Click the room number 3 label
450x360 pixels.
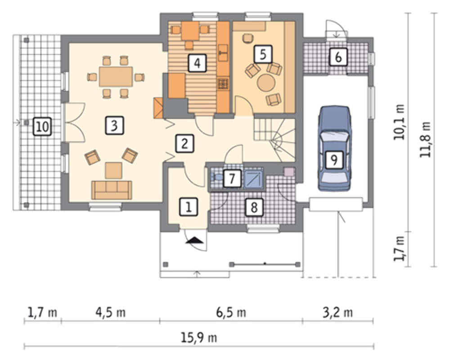(x=114, y=126)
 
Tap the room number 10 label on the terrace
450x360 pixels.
(x=42, y=126)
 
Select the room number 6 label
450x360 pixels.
(x=338, y=57)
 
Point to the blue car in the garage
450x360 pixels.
(x=335, y=148)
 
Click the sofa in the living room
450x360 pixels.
(x=112, y=190)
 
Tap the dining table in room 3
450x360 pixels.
(x=116, y=76)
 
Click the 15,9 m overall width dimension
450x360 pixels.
(x=199, y=337)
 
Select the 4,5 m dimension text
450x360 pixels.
(x=111, y=312)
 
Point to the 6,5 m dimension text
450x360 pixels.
(x=231, y=312)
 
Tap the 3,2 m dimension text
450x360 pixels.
(x=338, y=312)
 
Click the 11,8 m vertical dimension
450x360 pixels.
(x=425, y=139)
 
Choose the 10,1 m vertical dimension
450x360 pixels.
(x=399, y=122)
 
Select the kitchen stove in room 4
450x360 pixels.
(x=223, y=84)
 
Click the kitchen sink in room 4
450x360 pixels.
(x=223, y=53)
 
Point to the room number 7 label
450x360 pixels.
(x=232, y=179)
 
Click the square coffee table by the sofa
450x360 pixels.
(x=114, y=170)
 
